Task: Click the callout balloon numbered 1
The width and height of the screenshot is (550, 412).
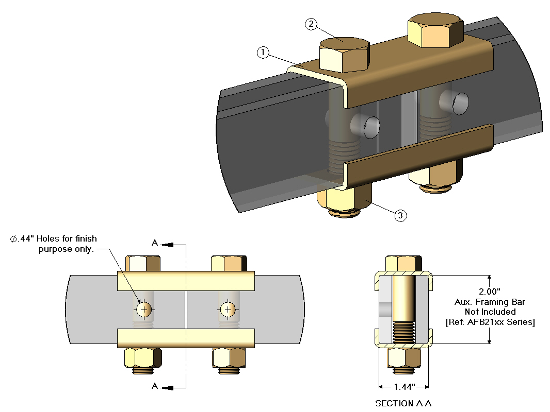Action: (x=263, y=52)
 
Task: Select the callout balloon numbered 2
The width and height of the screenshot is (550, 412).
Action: (x=311, y=24)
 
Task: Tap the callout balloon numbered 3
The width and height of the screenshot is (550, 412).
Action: (x=401, y=216)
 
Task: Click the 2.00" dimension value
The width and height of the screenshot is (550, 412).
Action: (x=489, y=292)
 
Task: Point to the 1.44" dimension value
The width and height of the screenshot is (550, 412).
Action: (x=403, y=386)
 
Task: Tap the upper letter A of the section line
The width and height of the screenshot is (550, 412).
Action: (x=155, y=243)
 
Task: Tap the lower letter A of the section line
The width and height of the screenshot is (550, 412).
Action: (x=155, y=386)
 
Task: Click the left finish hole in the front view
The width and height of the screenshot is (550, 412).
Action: (x=144, y=309)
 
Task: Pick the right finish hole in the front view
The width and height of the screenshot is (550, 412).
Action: (x=227, y=309)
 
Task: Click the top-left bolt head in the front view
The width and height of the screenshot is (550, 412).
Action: (x=144, y=263)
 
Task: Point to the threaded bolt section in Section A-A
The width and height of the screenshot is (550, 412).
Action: (x=403, y=333)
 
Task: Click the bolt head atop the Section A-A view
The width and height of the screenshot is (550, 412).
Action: (x=403, y=263)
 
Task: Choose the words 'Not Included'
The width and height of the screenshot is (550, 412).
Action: (x=489, y=312)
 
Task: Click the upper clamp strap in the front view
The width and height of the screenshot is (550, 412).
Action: (x=186, y=280)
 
